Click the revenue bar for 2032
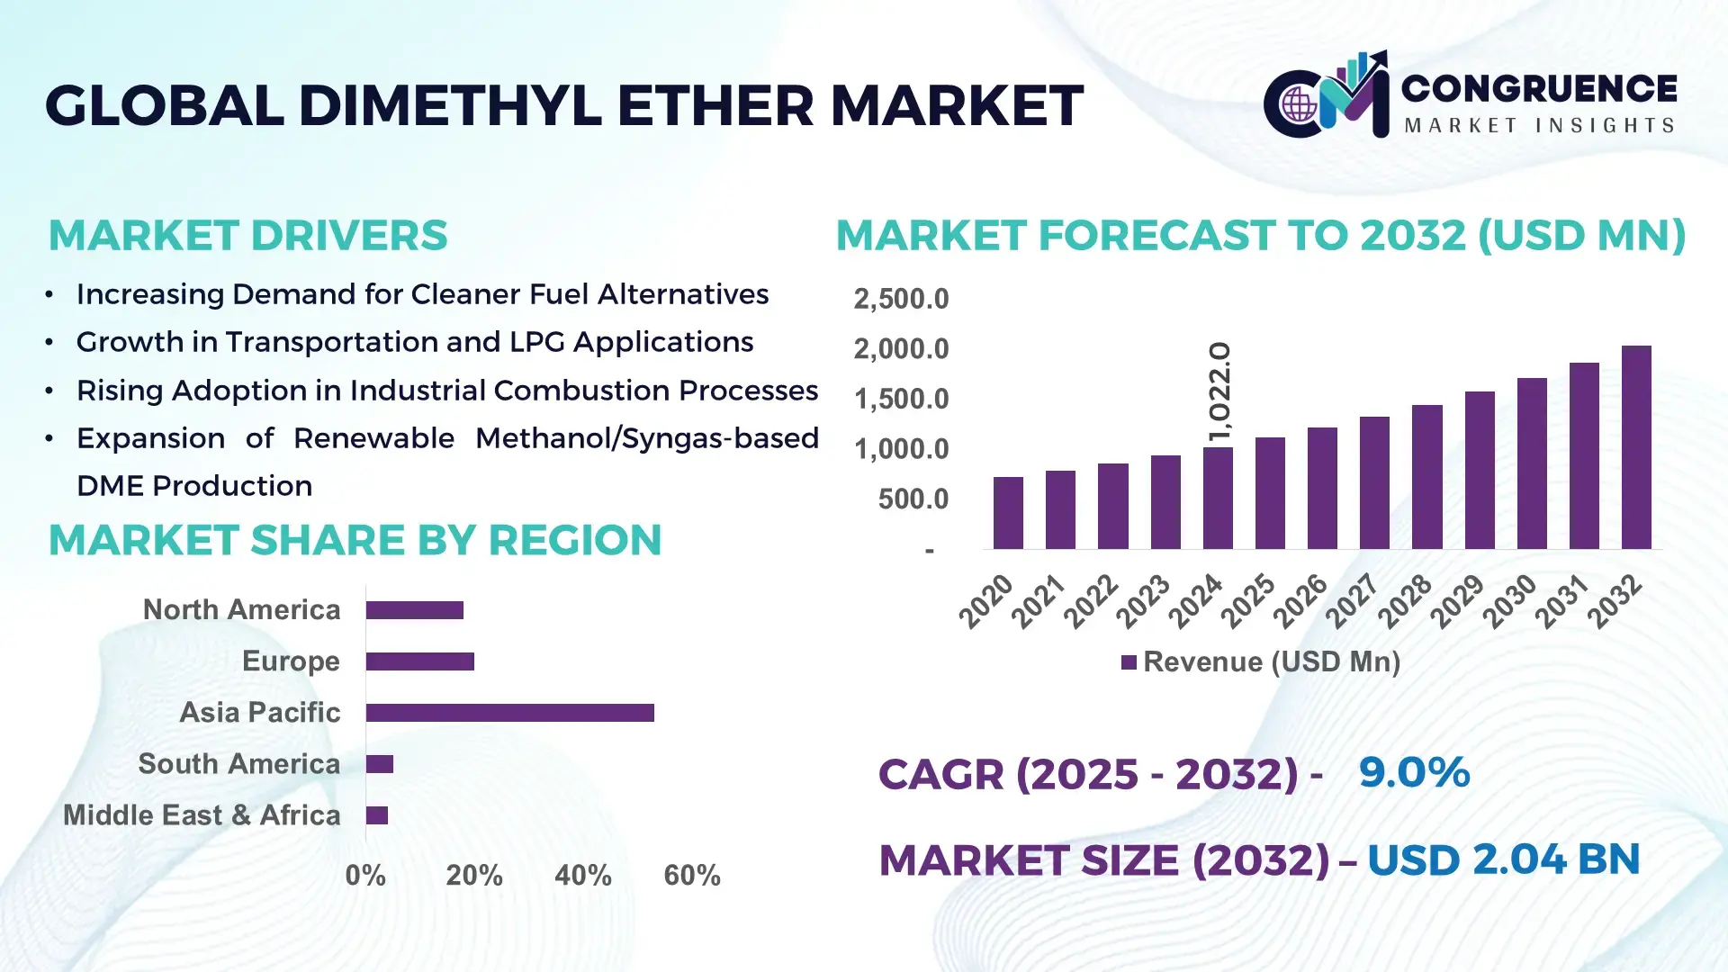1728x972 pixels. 1635,447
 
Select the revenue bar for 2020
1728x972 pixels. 1008,513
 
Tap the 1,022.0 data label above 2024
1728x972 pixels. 1219,391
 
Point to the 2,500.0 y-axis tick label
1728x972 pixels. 901,299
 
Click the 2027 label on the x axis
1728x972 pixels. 1352,600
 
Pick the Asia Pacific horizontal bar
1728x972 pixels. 509,713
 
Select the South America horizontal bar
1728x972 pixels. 379,764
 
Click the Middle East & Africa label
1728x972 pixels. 202,815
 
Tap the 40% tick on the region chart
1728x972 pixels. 582,875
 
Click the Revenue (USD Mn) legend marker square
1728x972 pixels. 1129,663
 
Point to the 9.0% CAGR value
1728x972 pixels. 1413,772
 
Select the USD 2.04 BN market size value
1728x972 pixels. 1503,859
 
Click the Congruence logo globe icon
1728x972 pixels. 1299,105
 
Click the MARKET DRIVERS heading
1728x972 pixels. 247,236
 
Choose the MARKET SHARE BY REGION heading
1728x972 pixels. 355,540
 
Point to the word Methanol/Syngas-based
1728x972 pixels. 646,438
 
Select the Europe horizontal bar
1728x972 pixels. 419,661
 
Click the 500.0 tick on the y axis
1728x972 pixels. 913,499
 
